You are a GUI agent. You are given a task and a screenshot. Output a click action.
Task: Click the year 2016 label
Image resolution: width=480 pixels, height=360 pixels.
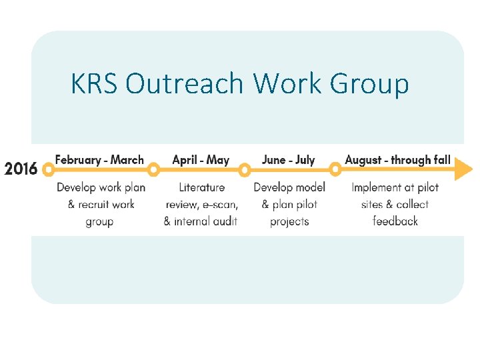(x=21, y=169)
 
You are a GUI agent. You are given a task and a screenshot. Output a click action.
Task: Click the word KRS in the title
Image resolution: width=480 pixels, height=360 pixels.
(x=93, y=85)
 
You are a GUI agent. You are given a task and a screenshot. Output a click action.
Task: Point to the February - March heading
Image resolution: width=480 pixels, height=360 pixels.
(x=99, y=160)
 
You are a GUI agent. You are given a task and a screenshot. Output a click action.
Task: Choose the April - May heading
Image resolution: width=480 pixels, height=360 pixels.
(x=200, y=160)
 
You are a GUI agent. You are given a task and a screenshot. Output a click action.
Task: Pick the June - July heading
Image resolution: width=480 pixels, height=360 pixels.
(x=288, y=160)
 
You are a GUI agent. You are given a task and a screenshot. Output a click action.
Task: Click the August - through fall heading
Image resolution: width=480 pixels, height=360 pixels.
(x=397, y=160)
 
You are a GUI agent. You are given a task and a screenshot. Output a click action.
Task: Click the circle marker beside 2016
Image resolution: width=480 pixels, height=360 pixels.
(x=48, y=169)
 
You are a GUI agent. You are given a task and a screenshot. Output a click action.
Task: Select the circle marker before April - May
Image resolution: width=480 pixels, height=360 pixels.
(x=154, y=169)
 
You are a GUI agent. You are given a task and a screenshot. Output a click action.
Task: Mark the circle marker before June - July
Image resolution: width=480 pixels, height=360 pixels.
(x=245, y=169)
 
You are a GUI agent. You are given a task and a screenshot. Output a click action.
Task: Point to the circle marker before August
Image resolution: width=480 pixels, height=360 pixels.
(x=336, y=169)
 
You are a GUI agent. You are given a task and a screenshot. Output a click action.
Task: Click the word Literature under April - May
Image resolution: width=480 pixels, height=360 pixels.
(x=201, y=187)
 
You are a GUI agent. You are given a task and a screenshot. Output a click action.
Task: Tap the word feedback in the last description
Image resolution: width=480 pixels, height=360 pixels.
(x=395, y=221)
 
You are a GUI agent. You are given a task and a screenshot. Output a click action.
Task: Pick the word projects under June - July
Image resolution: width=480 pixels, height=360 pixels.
(x=289, y=221)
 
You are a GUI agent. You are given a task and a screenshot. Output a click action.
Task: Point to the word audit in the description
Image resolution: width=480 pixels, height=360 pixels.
(x=225, y=221)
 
